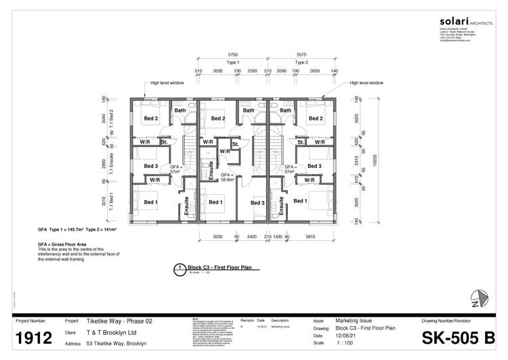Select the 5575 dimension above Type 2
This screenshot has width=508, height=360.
301,53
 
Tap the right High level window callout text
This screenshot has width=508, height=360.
366,83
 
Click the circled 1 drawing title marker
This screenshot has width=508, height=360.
179,268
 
